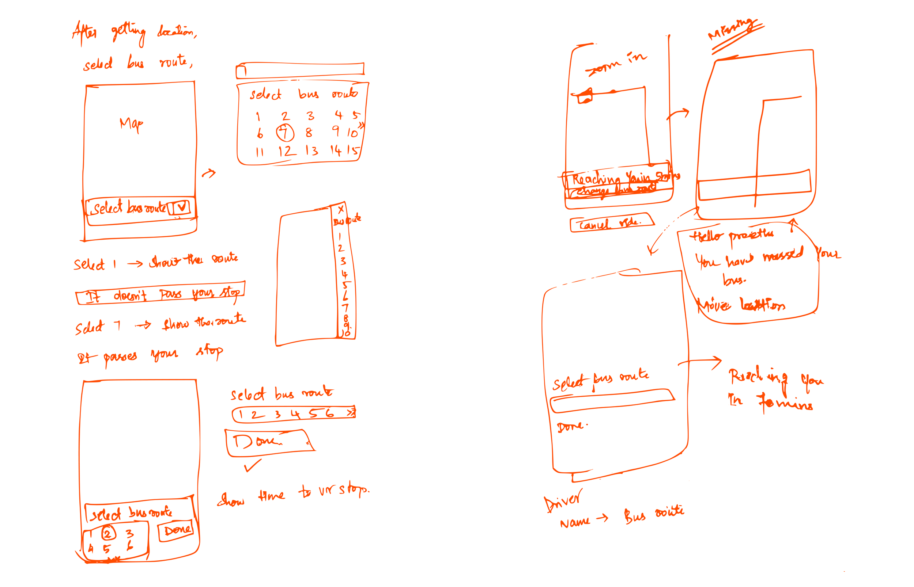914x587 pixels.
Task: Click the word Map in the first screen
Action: point(132,124)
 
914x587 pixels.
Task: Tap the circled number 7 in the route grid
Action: point(284,132)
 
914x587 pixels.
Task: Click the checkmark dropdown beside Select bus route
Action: point(181,207)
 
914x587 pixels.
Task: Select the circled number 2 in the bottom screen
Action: point(108,533)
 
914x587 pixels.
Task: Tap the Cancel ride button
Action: point(611,223)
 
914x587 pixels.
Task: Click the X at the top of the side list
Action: point(341,209)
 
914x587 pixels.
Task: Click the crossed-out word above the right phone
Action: point(730,30)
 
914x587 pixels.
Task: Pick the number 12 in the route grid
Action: point(286,151)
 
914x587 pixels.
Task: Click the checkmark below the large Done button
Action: point(253,465)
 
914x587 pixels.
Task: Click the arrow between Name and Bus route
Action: point(602,518)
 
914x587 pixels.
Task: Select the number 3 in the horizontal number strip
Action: point(278,414)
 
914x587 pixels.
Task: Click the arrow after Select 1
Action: point(135,263)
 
